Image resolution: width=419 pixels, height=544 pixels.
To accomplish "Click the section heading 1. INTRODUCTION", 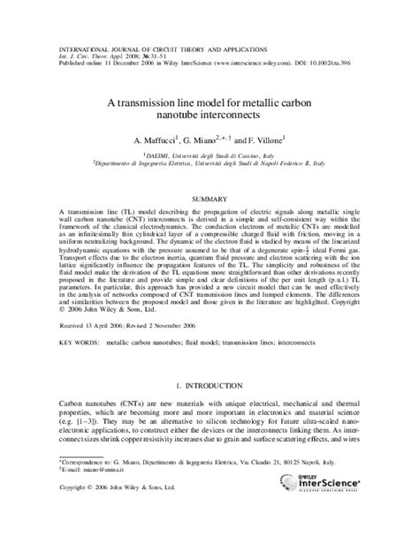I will click(x=209, y=385).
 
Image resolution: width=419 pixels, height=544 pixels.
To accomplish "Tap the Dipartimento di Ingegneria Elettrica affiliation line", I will click(x=209, y=162).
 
